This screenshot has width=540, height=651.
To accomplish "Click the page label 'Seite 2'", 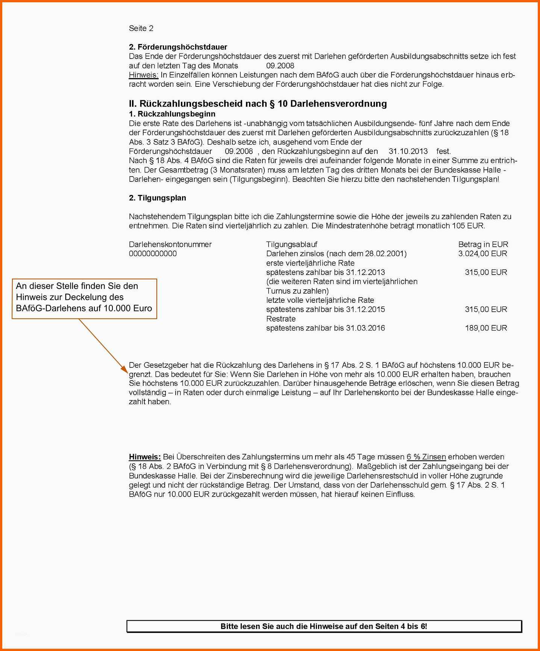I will click(141, 28).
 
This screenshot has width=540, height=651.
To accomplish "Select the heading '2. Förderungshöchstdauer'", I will click(178, 47).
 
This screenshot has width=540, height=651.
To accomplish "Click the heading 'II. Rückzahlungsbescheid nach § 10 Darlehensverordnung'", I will click(258, 104).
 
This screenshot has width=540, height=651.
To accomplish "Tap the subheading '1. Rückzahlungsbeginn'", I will click(172, 114).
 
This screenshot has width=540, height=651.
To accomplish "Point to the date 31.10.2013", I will click(408, 151).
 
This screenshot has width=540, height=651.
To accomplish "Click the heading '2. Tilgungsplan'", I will click(157, 198).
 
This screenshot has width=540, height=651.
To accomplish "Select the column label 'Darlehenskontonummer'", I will click(170, 245).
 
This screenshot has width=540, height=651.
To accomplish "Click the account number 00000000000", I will click(153, 254).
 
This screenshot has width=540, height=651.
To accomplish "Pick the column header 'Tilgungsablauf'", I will click(291, 245).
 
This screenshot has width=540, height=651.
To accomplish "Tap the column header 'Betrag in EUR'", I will click(483, 245).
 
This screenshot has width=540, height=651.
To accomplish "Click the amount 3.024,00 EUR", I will click(482, 254).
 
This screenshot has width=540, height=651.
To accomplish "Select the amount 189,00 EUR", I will click(486, 328).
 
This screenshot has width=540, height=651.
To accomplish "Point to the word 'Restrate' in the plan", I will click(281, 319).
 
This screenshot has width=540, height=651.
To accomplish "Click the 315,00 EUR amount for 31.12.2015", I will click(486, 310).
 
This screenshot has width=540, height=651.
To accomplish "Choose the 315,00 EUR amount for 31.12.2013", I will click(486, 272).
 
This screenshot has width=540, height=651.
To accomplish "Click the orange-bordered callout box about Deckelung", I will click(84, 299).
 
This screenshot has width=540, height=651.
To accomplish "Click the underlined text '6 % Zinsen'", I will click(426, 457).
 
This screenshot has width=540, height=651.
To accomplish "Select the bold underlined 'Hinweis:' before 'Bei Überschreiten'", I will click(145, 457).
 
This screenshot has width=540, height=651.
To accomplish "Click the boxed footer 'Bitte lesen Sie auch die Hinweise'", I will click(324, 626).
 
